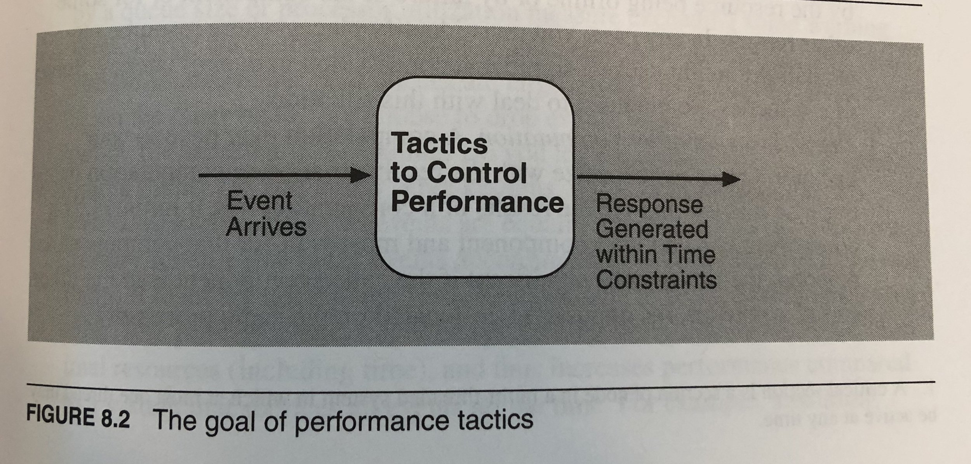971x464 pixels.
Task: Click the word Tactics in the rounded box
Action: click(x=439, y=143)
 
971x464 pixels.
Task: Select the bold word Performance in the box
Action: click(x=477, y=202)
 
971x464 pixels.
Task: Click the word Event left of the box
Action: click(x=259, y=201)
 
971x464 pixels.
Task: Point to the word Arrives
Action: click(x=266, y=227)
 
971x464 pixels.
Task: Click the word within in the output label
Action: click(x=625, y=254)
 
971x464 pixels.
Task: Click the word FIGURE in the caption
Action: click(x=59, y=416)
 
